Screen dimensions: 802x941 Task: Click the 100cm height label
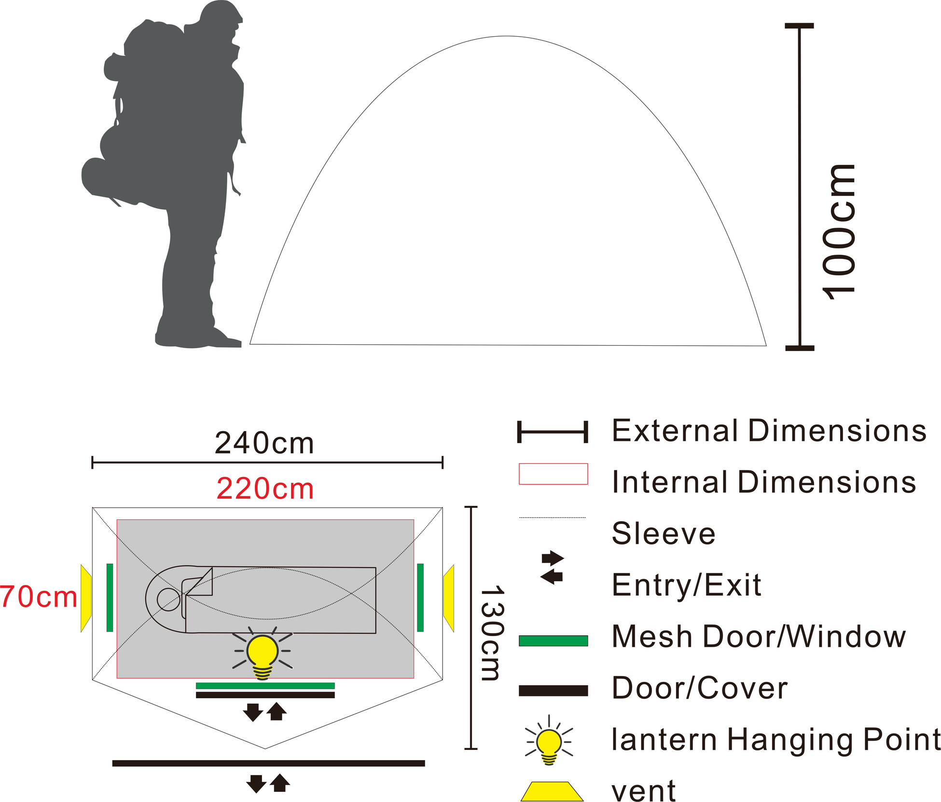(839, 231)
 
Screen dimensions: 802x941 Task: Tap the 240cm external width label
(264, 443)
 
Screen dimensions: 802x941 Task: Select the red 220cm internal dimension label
(265, 489)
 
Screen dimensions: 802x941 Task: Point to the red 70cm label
(39, 597)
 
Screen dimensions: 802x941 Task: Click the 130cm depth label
(492, 633)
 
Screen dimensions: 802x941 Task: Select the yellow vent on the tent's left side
(86, 598)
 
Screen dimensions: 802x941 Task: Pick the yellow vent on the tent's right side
(449, 598)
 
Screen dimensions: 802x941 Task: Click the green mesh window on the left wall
(110, 598)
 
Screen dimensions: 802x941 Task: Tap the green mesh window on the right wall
(420, 598)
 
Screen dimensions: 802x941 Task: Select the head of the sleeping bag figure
(168, 599)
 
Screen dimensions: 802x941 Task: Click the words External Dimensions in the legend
(769, 431)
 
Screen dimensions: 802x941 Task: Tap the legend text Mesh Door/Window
(758, 637)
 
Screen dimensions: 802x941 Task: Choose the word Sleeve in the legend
(663, 533)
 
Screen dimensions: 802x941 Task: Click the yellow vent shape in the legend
(552, 791)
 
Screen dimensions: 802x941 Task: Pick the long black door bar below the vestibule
(268, 763)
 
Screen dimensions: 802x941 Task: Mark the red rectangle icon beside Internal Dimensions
(553, 474)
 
